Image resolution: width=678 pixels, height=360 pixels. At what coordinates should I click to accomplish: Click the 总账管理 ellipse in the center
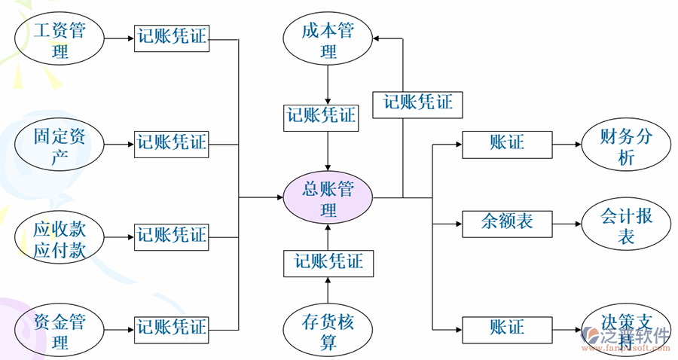pos(328,198)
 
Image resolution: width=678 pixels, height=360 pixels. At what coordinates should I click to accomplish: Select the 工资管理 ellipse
pos(60,41)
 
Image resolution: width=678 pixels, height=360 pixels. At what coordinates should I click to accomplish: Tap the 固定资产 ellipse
pos(60,145)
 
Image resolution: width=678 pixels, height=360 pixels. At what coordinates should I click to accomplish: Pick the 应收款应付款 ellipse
pos(60,238)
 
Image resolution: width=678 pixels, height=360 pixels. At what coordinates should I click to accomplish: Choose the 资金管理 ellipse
pos(60,331)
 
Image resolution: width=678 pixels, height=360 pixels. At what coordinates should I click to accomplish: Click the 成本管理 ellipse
pos(328,41)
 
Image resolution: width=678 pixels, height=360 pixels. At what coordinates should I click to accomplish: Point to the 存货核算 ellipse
pos(328,331)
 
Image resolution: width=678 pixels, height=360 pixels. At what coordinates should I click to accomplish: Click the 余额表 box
pos(507,221)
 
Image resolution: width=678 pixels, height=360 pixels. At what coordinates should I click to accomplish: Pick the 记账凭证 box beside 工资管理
pos(172,37)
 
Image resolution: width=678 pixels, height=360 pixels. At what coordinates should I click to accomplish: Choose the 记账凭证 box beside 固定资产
pos(172,142)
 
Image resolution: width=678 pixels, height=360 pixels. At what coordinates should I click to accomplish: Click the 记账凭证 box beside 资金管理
pos(172,327)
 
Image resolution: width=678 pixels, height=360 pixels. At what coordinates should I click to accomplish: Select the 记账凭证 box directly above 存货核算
pos(328,261)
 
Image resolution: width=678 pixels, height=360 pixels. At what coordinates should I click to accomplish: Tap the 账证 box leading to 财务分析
pos(507,142)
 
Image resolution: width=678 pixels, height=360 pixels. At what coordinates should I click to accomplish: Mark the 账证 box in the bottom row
pos(507,328)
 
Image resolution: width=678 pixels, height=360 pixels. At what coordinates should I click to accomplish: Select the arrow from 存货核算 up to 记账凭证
pos(328,290)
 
